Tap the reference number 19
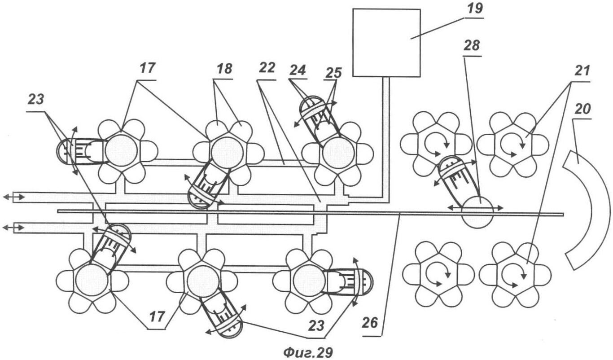tap(474, 9)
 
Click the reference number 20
tap(582, 110)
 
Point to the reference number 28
tap(472, 46)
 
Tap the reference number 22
tap(267, 68)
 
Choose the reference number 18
tap(224, 69)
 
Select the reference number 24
tap(298, 70)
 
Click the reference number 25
tap(333, 73)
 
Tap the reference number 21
tap(581, 71)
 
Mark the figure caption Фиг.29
tap(308, 352)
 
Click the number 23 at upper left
tap(36, 100)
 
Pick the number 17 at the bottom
tap(157, 317)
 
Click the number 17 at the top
tap(147, 68)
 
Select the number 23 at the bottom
tap(317, 326)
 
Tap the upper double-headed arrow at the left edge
tap(13, 197)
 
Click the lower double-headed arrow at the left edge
tap(13, 227)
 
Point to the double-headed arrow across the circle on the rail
tap(475, 208)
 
